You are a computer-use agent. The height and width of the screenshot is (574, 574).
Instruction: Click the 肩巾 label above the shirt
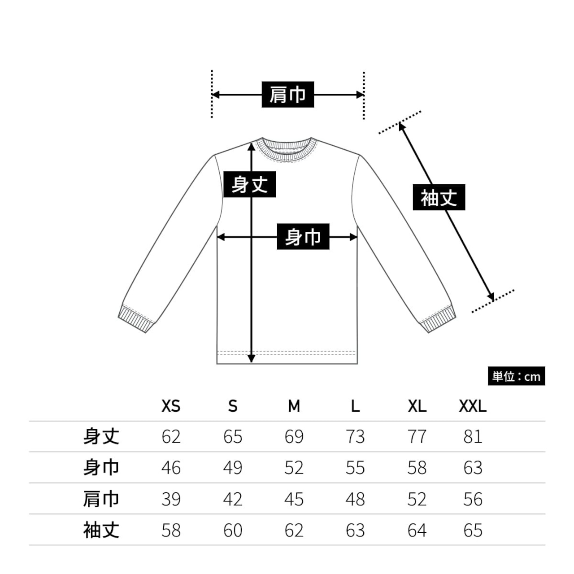pos(287,95)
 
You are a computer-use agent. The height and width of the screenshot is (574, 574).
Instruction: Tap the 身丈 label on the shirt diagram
pos(249,184)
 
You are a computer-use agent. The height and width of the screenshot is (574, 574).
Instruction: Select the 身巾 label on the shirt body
pos(303,236)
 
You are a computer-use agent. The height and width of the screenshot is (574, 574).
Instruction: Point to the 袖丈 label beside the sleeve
pos(439,197)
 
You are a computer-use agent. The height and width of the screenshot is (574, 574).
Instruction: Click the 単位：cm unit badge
pos(516,377)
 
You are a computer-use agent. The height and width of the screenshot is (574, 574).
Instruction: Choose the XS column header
pos(171,406)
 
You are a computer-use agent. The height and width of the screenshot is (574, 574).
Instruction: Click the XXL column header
pos(473,406)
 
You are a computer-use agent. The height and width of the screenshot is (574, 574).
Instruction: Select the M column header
pos(294,406)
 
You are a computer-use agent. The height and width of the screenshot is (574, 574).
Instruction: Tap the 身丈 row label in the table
pos(101,437)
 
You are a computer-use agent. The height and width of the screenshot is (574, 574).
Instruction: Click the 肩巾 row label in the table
pos(101,499)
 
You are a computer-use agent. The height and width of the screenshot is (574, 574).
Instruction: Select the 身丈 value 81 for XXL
pos(473,437)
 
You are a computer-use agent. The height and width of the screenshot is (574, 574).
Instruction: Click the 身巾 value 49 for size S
pos(233,468)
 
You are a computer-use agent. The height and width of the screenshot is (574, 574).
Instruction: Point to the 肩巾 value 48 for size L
pos(355,499)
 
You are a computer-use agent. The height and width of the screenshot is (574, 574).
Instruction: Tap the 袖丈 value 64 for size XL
pos(417,531)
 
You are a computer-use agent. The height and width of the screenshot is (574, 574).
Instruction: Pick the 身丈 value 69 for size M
pos(294,437)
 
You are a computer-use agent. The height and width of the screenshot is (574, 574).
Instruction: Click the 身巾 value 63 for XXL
pos(473,468)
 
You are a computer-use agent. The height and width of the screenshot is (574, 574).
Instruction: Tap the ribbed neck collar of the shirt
pos(287,149)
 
